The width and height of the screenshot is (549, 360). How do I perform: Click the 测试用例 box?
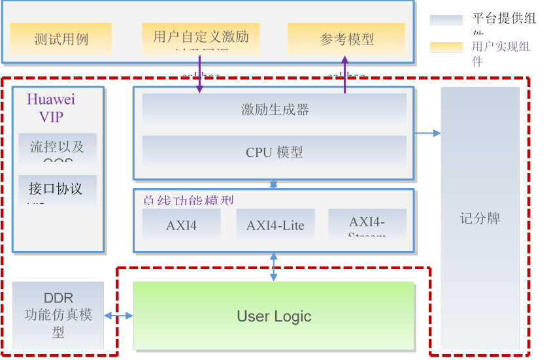pos(61,39)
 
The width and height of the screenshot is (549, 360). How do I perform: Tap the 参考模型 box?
pos(346,39)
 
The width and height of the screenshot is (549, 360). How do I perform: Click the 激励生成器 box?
pos(274,109)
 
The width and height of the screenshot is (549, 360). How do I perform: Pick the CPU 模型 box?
pos(274,152)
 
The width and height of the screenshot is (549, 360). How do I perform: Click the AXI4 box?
pos(181,225)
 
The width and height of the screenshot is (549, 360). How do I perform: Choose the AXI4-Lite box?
pos(275,225)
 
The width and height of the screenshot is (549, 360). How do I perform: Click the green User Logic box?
pos(273,316)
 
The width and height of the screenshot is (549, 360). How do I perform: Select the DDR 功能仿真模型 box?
pos(58,316)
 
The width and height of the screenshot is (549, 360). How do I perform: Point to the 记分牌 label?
pos(480,218)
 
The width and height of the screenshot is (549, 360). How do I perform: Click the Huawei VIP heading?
pos(50,108)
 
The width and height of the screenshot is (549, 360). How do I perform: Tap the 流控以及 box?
pos(57,148)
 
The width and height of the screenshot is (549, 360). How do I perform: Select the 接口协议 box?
pos(57,189)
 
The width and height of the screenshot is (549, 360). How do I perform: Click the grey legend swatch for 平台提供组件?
pos(445,20)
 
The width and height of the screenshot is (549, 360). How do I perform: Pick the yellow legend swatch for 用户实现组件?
pos(445,47)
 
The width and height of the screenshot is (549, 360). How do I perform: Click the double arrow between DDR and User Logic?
pos(118,316)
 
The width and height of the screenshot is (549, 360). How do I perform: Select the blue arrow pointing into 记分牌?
pos(427,133)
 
